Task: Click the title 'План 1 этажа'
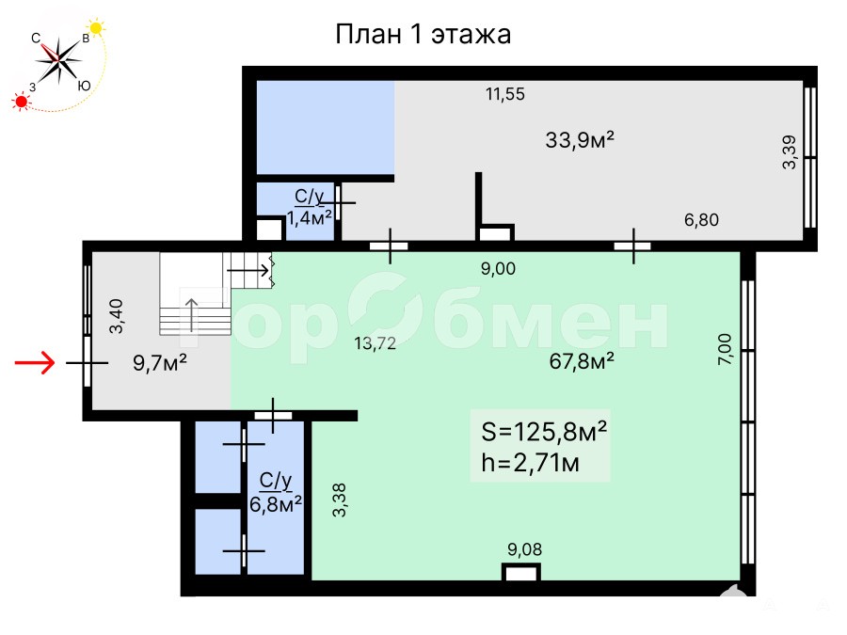pyautogui.click(x=423, y=35)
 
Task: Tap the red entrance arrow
pyautogui.click(x=35, y=362)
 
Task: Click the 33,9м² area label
pyautogui.click(x=580, y=140)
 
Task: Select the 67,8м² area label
pyautogui.click(x=582, y=360)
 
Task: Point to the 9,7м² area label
pyautogui.click(x=160, y=363)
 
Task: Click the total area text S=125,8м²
pyautogui.click(x=544, y=432)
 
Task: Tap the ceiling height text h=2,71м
pyautogui.click(x=530, y=463)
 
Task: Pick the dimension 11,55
pyautogui.click(x=505, y=94)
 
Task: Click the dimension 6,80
pyautogui.click(x=702, y=220)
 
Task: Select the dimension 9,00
pyautogui.click(x=498, y=268)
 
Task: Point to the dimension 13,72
pyautogui.click(x=375, y=343)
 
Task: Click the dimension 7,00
pyautogui.click(x=725, y=349)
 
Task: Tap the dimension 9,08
pyautogui.click(x=524, y=549)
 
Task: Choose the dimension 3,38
pyautogui.click(x=339, y=500)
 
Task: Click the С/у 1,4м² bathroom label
pyautogui.click(x=309, y=207)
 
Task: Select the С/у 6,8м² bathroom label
pyautogui.click(x=276, y=492)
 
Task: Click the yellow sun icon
pyautogui.click(x=96, y=27)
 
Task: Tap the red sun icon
pyautogui.click(x=21, y=101)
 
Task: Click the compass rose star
pyautogui.click(x=58, y=59)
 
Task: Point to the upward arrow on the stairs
pyautogui.click(x=192, y=315)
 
